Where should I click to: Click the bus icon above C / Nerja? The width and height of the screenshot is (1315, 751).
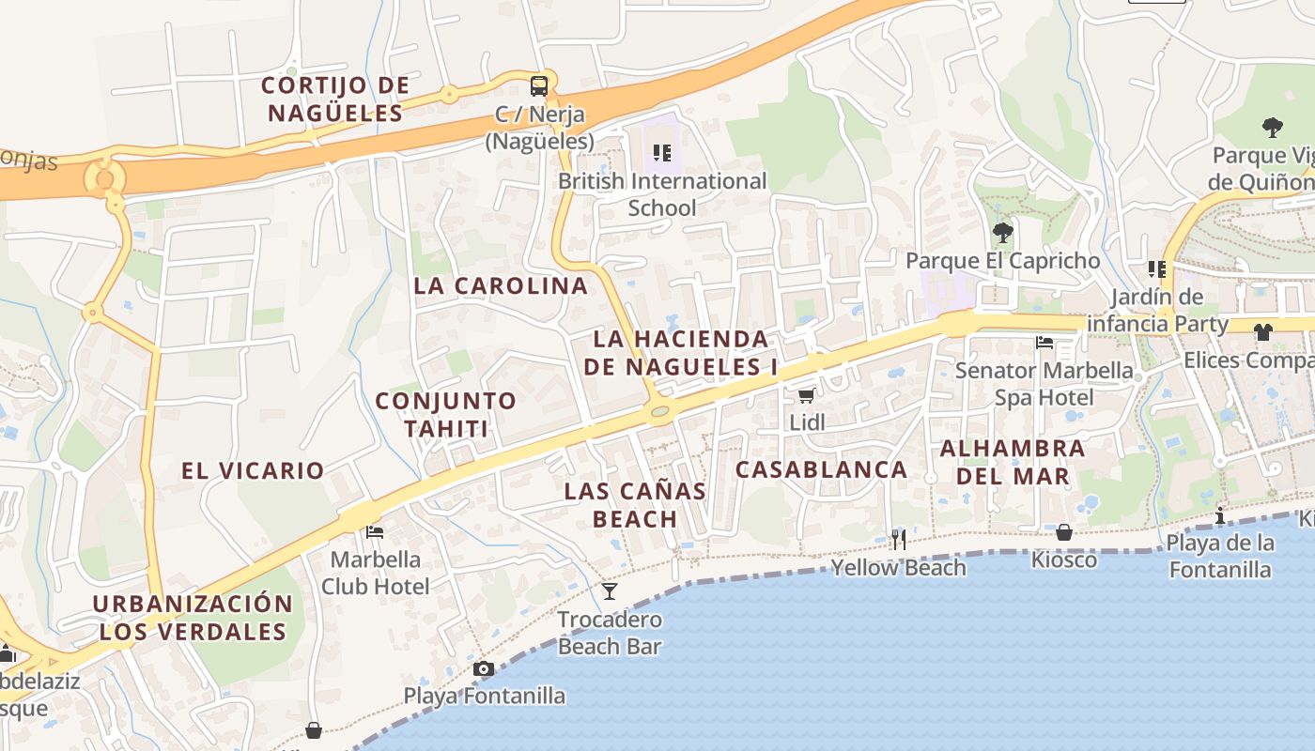click(x=539, y=86)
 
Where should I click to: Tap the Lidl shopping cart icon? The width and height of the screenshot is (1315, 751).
click(x=806, y=395)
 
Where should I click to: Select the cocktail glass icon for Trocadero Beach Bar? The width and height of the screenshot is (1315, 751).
click(x=610, y=590)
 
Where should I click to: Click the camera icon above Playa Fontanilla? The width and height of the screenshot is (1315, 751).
click(x=484, y=668)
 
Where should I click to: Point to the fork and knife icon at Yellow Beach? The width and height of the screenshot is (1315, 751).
click(x=899, y=539)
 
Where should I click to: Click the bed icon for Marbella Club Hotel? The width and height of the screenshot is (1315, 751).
click(x=375, y=531)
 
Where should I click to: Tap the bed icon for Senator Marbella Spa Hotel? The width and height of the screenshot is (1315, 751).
click(x=1044, y=343)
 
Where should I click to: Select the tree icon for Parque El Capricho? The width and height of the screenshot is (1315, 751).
click(x=1003, y=232)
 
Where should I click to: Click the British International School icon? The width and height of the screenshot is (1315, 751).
click(x=662, y=152)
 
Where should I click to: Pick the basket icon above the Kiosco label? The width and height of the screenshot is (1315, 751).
click(x=1064, y=532)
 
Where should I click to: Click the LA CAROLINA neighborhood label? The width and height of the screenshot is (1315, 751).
click(x=501, y=285)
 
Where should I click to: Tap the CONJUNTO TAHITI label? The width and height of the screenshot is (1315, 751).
click(x=446, y=414)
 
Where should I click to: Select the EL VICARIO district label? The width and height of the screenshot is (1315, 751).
click(x=253, y=470)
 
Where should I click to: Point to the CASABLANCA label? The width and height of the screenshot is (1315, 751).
click(x=821, y=469)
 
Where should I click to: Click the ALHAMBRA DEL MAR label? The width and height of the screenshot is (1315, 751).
click(x=1013, y=462)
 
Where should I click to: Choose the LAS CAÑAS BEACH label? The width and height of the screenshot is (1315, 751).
click(x=635, y=504)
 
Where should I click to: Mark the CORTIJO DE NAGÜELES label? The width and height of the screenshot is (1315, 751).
click(x=335, y=99)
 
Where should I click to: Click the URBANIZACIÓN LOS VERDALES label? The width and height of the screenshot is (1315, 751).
click(x=193, y=617)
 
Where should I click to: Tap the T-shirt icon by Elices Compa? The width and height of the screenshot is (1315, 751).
click(x=1263, y=331)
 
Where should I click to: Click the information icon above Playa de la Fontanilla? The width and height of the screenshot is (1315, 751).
click(x=1220, y=515)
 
